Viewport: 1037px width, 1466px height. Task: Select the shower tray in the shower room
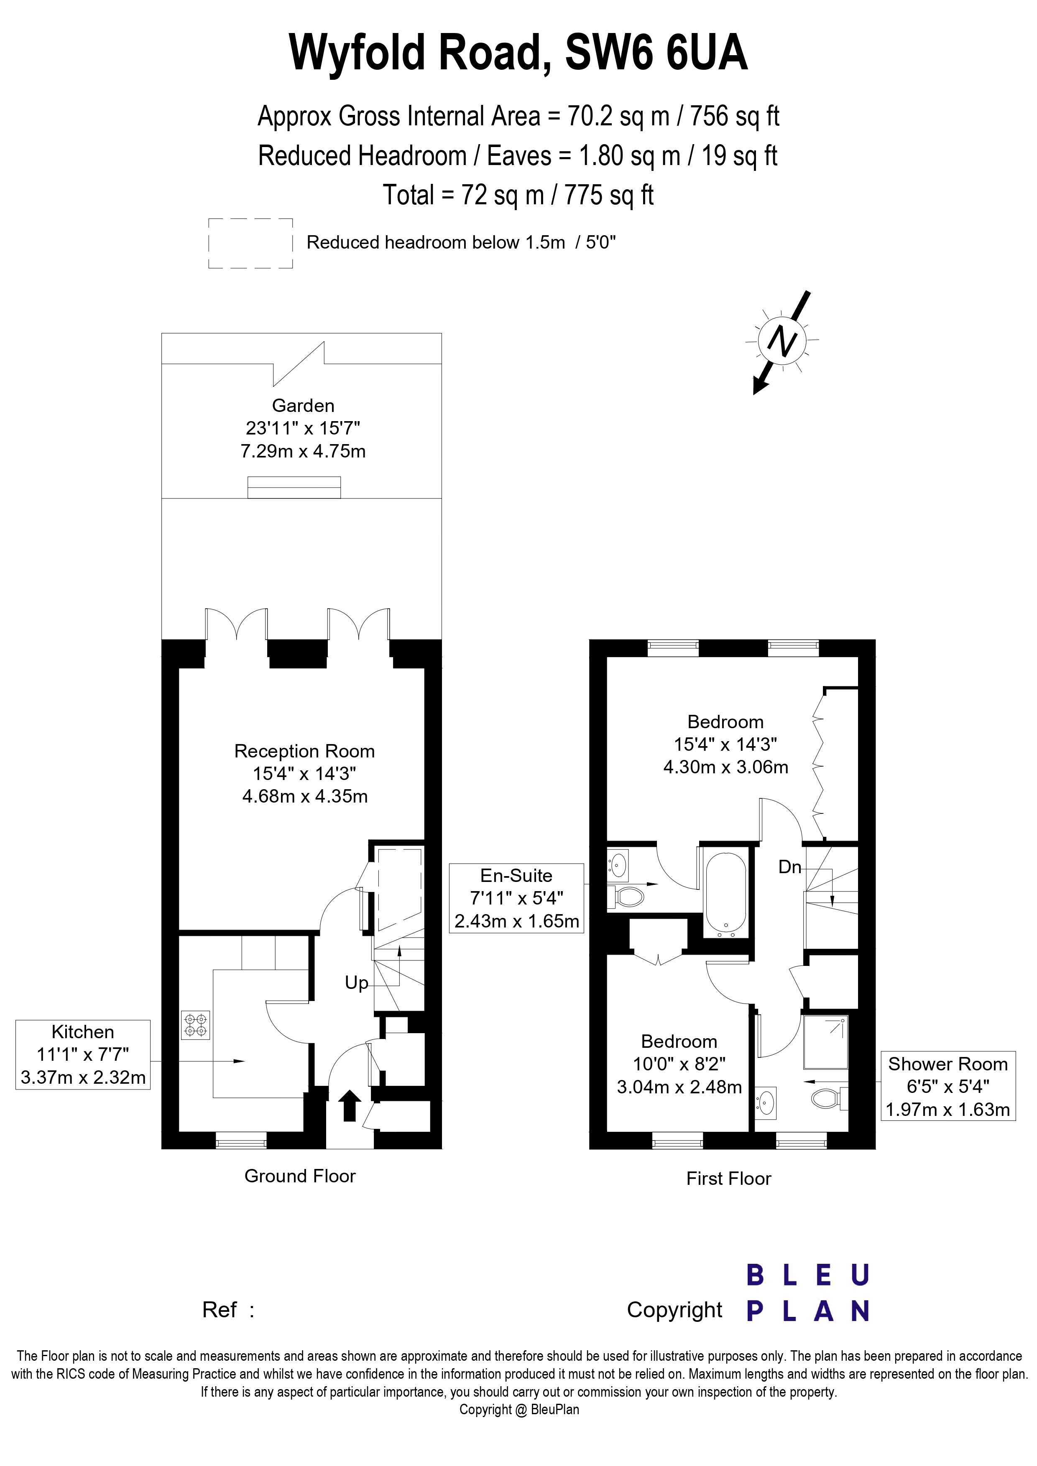(825, 1042)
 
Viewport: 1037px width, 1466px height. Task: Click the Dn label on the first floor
(790, 866)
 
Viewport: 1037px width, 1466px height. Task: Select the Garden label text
(303, 405)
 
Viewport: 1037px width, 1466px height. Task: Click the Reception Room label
(304, 751)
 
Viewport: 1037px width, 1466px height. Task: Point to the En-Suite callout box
(516, 898)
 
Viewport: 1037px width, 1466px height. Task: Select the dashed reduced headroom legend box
(250, 243)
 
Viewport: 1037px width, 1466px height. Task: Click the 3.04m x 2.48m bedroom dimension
(679, 1087)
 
